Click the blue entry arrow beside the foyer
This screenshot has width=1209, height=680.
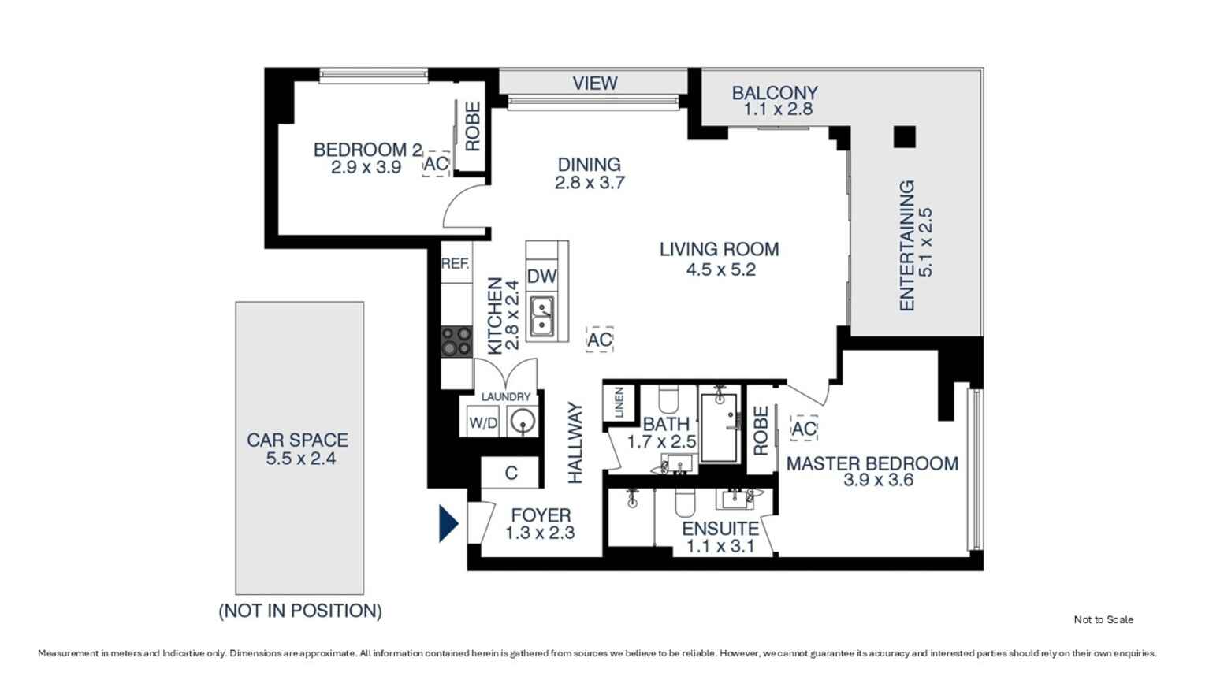(x=448, y=523)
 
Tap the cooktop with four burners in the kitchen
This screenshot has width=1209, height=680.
(x=456, y=342)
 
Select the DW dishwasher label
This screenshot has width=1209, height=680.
(x=541, y=277)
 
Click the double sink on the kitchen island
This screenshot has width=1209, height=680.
(x=542, y=316)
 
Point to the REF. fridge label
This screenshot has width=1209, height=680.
(x=456, y=264)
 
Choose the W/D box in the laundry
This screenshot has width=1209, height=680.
(x=483, y=423)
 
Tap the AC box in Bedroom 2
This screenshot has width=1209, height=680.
(x=436, y=164)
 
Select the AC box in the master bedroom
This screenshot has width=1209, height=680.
(x=804, y=429)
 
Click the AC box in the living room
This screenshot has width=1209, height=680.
(x=600, y=340)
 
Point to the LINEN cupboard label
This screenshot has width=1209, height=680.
(x=619, y=403)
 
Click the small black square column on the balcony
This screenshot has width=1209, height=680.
(x=905, y=137)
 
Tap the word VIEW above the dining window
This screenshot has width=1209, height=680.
(x=595, y=83)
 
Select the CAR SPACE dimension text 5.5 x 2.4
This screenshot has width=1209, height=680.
(x=301, y=459)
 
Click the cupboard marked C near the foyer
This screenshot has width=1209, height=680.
(x=510, y=474)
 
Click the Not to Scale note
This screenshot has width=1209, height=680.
(x=1103, y=619)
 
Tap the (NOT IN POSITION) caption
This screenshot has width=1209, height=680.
(x=300, y=611)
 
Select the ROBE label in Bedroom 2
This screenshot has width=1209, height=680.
(x=472, y=127)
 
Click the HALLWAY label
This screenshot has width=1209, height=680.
(x=576, y=443)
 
